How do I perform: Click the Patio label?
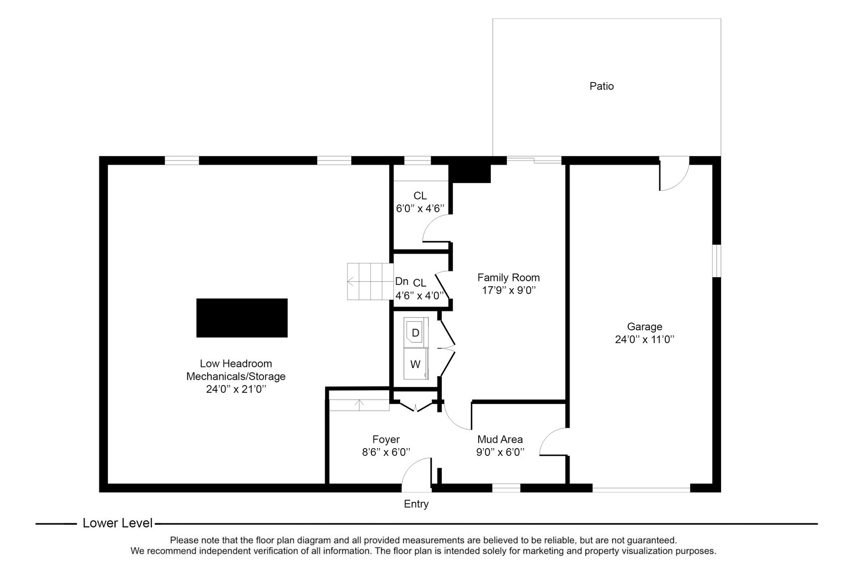click(x=601, y=86)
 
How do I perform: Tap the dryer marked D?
click(x=415, y=332)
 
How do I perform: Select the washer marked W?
click(x=415, y=364)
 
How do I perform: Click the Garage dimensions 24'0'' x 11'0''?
click(x=644, y=340)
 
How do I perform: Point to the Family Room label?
click(x=508, y=277)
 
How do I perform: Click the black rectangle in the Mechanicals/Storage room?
click(x=242, y=318)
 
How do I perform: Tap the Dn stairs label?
click(x=401, y=281)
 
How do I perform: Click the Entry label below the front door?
click(x=416, y=504)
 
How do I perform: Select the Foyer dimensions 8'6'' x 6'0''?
click(x=386, y=452)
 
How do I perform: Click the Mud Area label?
click(x=500, y=439)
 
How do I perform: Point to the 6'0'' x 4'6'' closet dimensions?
click(x=420, y=208)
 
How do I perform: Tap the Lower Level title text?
click(x=117, y=523)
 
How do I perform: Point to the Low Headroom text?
click(x=236, y=363)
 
